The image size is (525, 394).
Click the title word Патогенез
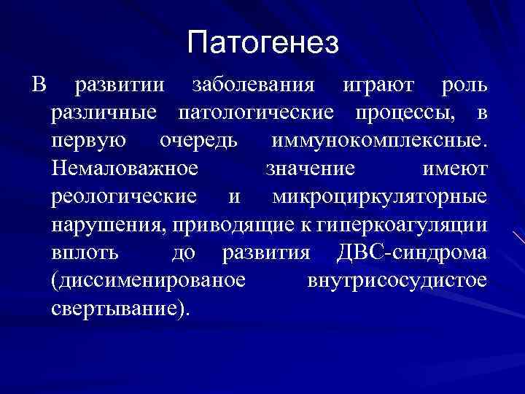(262, 43)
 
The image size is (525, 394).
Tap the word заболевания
(253, 86)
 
